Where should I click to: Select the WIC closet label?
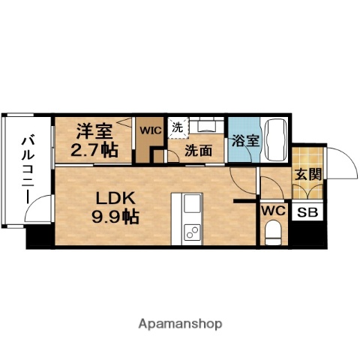(x=151, y=130)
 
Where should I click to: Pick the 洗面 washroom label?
(x=199, y=150)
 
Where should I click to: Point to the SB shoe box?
(x=307, y=212)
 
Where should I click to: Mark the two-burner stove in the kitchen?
(x=190, y=231)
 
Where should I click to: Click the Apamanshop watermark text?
(x=179, y=324)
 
